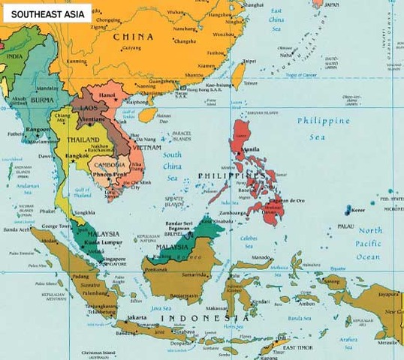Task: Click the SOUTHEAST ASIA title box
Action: coord(47,12)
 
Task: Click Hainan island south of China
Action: coord(149,115)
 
